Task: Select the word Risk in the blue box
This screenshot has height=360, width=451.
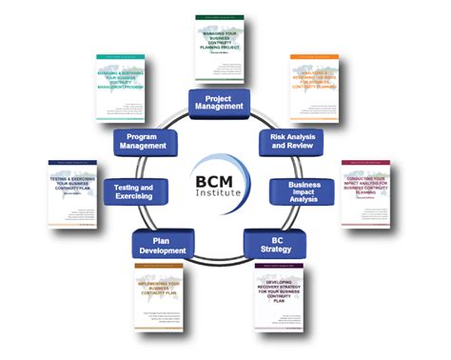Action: pyautogui.click(x=272, y=136)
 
